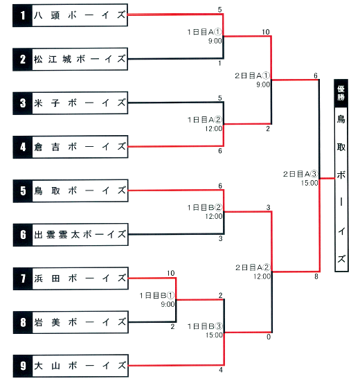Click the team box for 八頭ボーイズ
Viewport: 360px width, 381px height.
(x=70, y=15)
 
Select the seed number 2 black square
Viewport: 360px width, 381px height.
(x=23, y=60)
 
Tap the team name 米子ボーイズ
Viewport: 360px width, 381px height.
(x=80, y=103)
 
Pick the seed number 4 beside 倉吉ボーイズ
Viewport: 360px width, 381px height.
(x=23, y=147)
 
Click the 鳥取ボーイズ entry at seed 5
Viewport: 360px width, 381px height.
(x=71, y=191)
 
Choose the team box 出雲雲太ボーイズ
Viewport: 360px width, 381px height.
(x=71, y=235)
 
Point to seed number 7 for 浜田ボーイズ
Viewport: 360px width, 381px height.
(x=23, y=278)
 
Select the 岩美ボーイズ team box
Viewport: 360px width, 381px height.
(x=71, y=322)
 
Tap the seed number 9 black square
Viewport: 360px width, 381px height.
(x=23, y=366)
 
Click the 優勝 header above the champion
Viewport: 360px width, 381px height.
(x=341, y=93)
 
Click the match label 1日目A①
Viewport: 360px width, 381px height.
(x=204, y=32)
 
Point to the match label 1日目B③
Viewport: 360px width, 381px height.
(x=205, y=326)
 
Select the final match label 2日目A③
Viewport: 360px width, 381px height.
(x=300, y=174)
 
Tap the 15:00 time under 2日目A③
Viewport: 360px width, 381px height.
(x=309, y=183)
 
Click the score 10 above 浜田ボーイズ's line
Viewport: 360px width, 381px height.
(x=171, y=273)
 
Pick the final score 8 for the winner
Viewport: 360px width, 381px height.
(x=316, y=276)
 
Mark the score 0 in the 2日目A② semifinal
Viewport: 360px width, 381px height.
(x=269, y=337)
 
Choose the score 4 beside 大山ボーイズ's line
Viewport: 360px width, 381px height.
(x=221, y=370)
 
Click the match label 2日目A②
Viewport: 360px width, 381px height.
(x=253, y=267)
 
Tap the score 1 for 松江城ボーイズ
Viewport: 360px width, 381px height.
(x=219, y=64)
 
